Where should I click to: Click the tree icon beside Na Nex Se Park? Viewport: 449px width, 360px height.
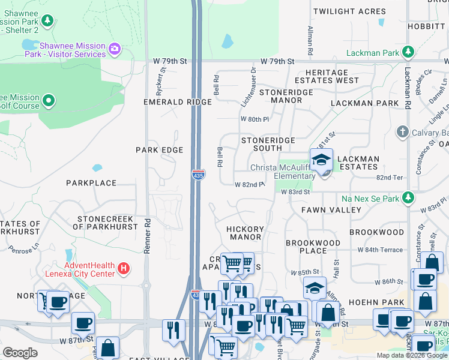pyautogui.click(x=408, y=197)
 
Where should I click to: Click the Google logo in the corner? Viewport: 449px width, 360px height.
pyautogui.click(x=20, y=353)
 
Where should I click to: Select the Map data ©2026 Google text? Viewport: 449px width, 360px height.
pyautogui.click(x=412, y=355)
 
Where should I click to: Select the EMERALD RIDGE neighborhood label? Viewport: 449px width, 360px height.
pyautogui.click(x=178, y=102)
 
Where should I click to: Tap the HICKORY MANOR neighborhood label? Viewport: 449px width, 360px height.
pyautogui.click(x=245, y=233)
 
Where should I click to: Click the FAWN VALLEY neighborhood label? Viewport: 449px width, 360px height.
pyautogui.click(x=331, y=210)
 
